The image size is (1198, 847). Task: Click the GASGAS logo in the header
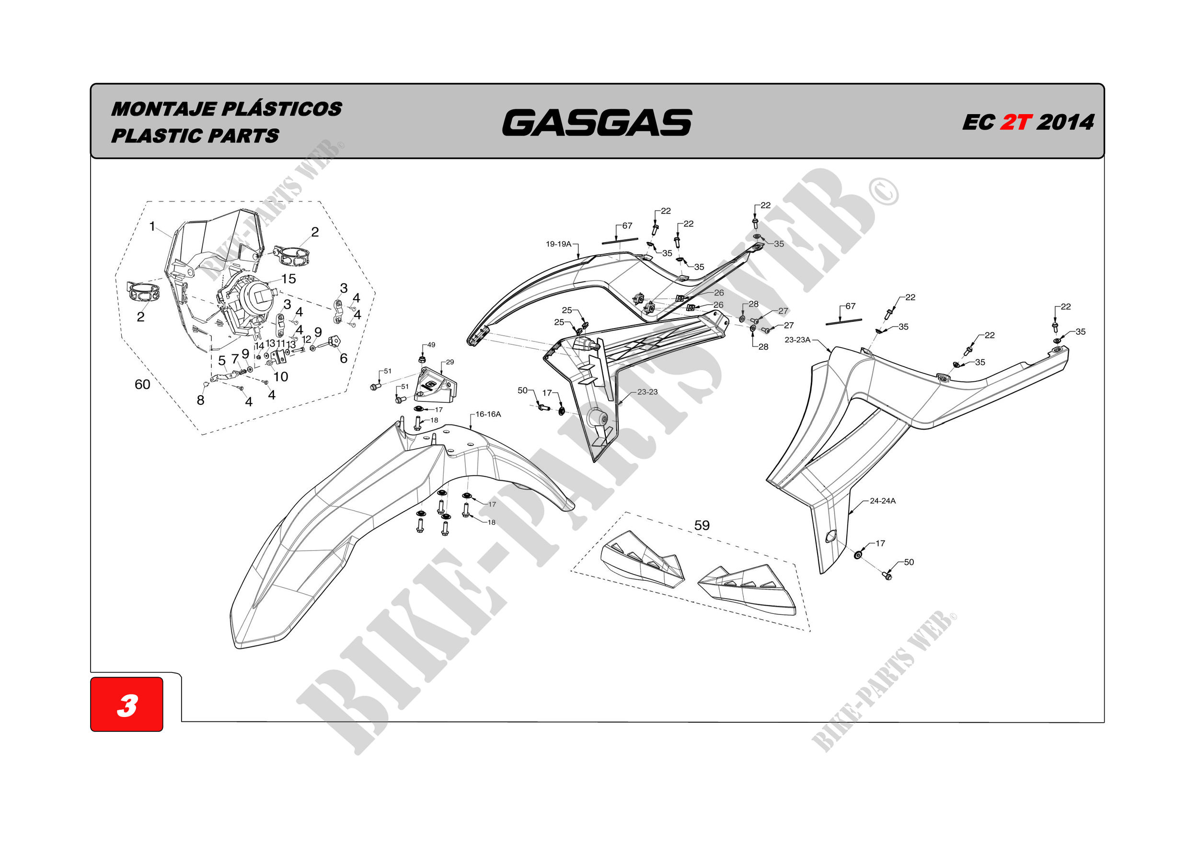pyautogui.click(x=597, y=122)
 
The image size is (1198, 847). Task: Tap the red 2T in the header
pyautogui.click(x=1015, y=122)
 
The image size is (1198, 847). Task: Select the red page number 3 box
pyautogui.click(x=127, y=704)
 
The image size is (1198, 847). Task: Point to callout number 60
pyautogui.click(x=142, y=384)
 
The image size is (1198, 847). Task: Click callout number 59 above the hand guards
pyautogui.click(x=702, y=525)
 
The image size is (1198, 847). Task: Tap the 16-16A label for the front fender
pyautogui.click(x=488, y=414)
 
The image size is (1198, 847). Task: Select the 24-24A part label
pyautogui.click(x=883, y=501)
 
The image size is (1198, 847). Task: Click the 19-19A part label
pyautogui.click(x=559, y=244)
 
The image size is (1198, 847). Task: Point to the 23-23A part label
pyautogui.click(x=798, y=340)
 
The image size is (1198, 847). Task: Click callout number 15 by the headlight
pyautogui.click(x=288, y=279)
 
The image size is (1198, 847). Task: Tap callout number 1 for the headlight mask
pyautogui.click(x=152, y=226)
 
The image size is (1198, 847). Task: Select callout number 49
pyautogui.click(x=431, y=345)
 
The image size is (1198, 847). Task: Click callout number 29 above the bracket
pyautogui.click(x=450, y=362)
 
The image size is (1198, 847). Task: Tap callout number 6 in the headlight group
pyautogui.click(x=343, y=358)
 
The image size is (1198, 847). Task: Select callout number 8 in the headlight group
pyautogui.click(x=200, y=400)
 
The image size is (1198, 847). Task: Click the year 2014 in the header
pyautogui.click(x=1065, y=122)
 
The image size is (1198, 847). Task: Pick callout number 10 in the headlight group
pyautogui.click(x=281, y=376)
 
